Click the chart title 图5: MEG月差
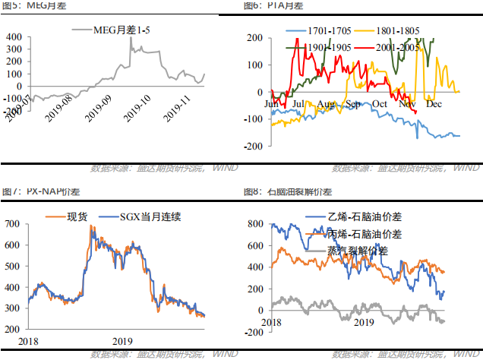coord(26,5)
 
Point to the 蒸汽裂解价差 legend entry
coord(357,250)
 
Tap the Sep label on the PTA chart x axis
coord(352,103)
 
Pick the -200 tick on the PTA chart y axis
coord(253,146)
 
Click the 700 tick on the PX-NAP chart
coord(13,225)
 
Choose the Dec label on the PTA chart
coord(434,103)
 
